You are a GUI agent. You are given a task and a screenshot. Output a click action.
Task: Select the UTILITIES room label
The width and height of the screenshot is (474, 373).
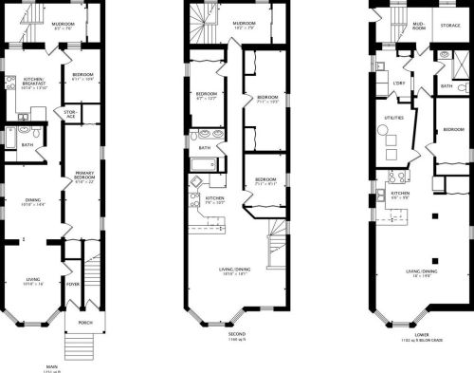click(393, 118)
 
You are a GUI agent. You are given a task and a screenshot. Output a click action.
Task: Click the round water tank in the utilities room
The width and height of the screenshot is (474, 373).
click(388, 155)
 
